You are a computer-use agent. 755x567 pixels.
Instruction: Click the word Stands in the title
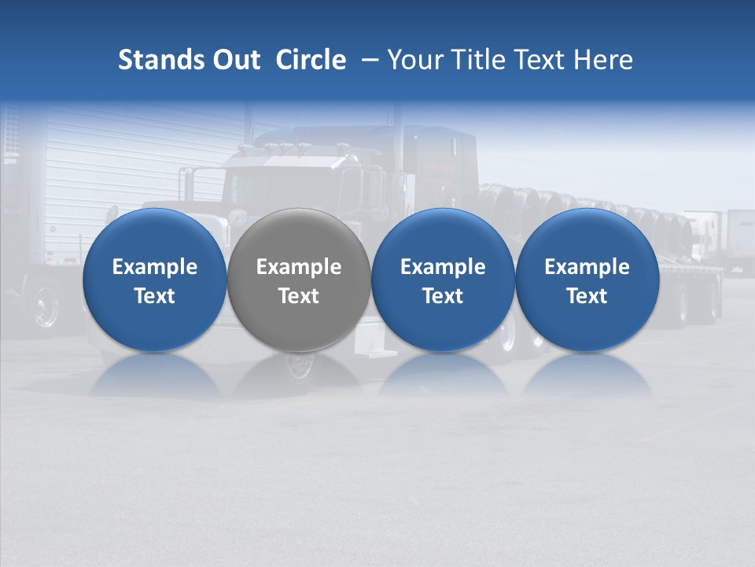tap(153, 60)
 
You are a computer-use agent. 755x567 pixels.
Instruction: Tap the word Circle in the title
tap(311, 60)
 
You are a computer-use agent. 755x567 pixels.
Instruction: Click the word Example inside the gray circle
tap(299, 267)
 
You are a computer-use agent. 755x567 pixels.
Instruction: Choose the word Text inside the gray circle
tap(299, 296)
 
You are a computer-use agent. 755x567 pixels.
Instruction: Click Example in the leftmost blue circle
tap(155, 267)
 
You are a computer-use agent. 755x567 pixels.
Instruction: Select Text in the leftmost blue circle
tap(155, 296)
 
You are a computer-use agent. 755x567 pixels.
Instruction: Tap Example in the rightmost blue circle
tap(587, 267)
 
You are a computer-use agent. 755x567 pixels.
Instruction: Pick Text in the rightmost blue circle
tap(587, 296)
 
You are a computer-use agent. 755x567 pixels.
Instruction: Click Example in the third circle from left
tap(443, 267)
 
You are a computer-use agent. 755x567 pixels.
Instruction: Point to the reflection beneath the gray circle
tap(299, 376)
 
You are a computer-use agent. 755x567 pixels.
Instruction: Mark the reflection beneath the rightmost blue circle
tap(587, 376)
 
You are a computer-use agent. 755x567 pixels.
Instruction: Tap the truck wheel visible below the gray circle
tap(299, 364)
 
